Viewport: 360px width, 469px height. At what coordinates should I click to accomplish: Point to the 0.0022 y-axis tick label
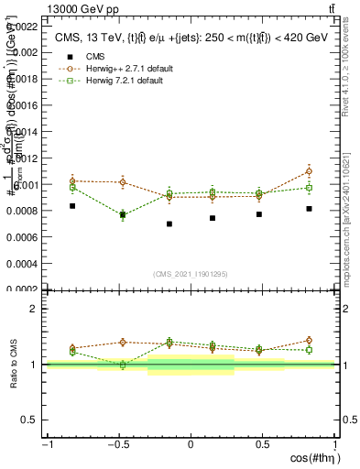click(24, 26)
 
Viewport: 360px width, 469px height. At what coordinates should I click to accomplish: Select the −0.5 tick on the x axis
click(117, 446)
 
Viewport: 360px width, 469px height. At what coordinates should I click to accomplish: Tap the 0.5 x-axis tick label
click(262, 446)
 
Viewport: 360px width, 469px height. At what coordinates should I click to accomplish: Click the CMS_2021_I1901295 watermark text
click(191, 274)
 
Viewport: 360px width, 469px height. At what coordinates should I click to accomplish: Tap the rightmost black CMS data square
click(309, 209)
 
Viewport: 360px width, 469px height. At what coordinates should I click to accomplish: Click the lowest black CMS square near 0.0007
click(169, 224)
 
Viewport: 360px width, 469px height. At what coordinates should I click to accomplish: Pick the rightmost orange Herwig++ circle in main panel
click(309, 171)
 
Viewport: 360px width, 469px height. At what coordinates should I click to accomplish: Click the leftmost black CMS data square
click(72, 206)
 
